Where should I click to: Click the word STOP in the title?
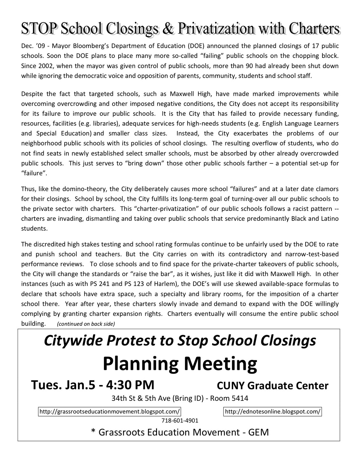pyautogui.click(x=39, y=29)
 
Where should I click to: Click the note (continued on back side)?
pyautogui.click(x=86, y=324)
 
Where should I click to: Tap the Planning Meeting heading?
pyautogui.click(x=180, y=364)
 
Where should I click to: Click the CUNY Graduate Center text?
pyautogui.click(x=272, y=386)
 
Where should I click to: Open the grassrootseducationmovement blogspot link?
pyautogui.click(x=110, y=412)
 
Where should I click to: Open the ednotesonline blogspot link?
pyautogui.click(x=273, y=412)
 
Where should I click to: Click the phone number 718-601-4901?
pyautogui.click(x=180, y=421)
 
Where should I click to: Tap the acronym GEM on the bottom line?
pyautogui.click(x=258, y=432)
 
